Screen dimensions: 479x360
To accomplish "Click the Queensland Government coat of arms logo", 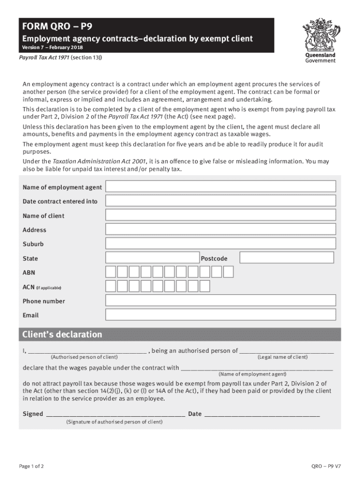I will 320,35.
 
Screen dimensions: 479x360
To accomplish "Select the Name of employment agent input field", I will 221,187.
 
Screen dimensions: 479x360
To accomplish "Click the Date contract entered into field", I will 221,201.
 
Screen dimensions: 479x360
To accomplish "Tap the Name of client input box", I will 221,215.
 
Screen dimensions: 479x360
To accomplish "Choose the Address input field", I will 221,229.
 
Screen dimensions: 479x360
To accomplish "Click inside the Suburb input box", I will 221,244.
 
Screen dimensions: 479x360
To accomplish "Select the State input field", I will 152,258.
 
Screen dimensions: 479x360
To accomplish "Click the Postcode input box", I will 287,258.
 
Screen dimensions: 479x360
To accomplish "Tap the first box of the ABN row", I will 111,272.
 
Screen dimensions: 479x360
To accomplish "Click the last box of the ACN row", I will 204,286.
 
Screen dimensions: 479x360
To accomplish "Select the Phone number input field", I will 221,301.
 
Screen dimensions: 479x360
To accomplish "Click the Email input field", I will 221,315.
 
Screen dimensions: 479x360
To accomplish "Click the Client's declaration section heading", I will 62,334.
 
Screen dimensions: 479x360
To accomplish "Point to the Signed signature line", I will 115,414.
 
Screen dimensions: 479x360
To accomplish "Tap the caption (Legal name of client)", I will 282,357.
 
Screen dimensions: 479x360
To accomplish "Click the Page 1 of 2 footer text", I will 31,466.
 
